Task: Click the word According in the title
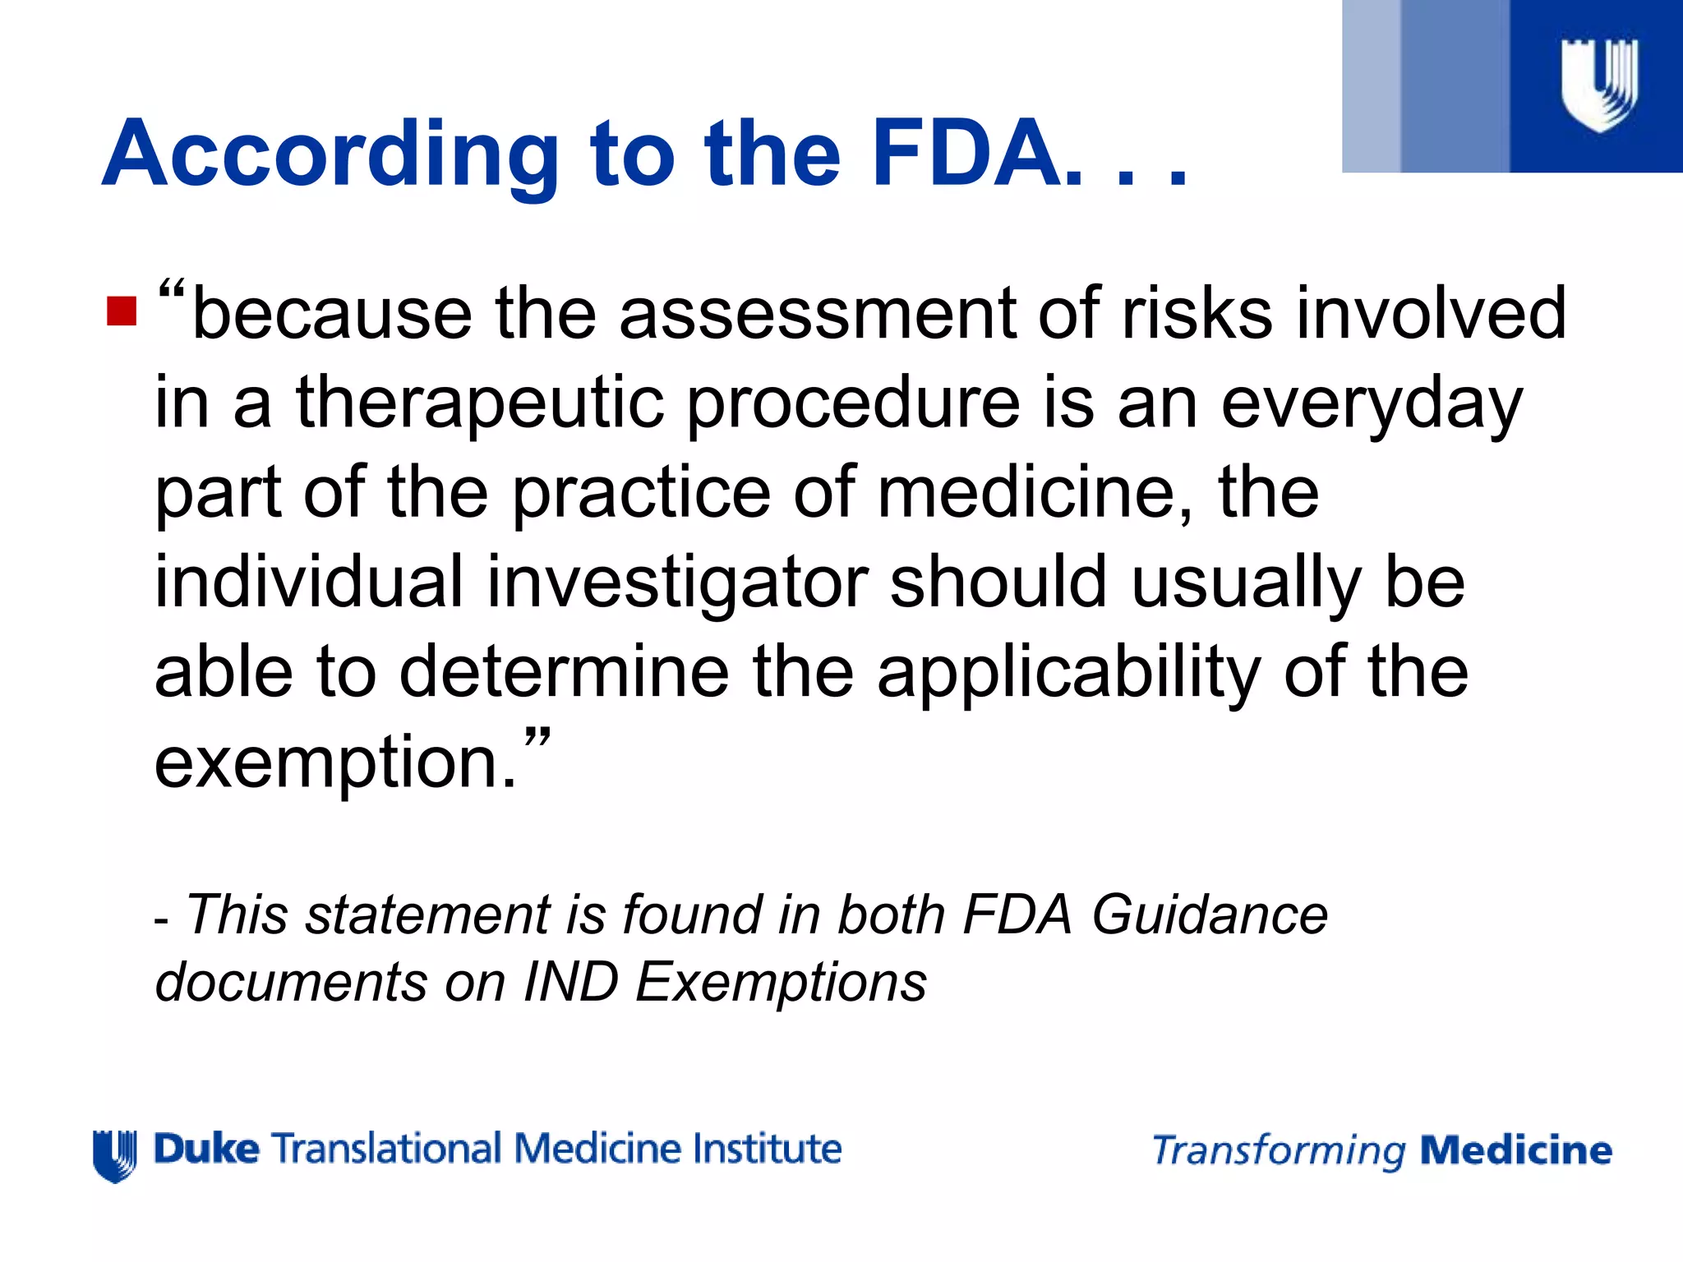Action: tap(330, 156)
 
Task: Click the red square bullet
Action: tap(122, 311)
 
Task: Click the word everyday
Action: tap(1372, 404)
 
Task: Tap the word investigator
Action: tap(677, 583)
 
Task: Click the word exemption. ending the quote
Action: tap(336, 762)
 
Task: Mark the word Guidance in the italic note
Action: tap(1209, 914)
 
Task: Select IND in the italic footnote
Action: tap(570, 982)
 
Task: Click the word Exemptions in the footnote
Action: tap(781, 983)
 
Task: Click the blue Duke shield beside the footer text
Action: tap(115, 1155)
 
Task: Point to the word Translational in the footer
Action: tap(386, 1149)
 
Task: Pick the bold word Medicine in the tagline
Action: tap(1516, 1150)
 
